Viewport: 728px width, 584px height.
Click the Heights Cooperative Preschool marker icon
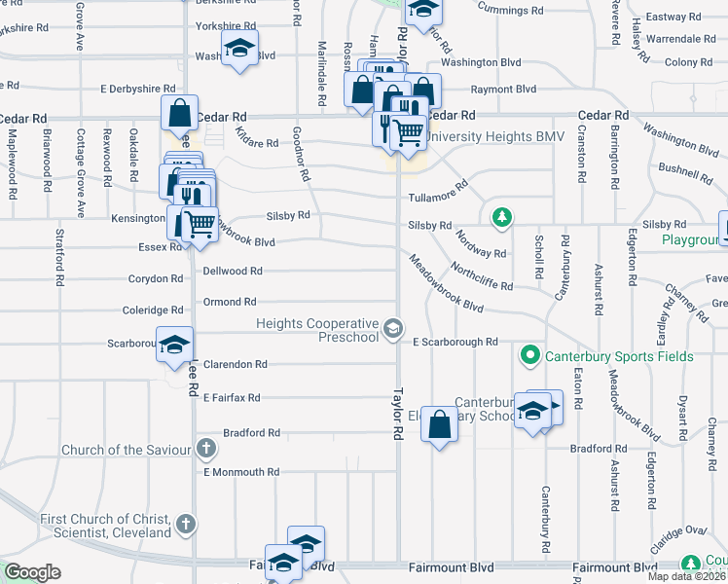[x=393, y=329]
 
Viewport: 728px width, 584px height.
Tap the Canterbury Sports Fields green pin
[x=529, y=356]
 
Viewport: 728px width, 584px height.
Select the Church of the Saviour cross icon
[x=204, y=449]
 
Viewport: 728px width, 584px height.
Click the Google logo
[x=32, y=572]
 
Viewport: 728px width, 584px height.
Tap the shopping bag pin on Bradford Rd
[x=439, y=423]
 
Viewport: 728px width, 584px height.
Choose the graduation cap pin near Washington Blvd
[x=238, y=48]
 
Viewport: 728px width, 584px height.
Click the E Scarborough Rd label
[x=455, y=343]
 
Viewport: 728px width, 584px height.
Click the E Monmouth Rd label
[x=240, y=472]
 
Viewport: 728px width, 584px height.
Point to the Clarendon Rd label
[x=235, y=364]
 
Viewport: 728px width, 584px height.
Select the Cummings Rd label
[x=510, y=11]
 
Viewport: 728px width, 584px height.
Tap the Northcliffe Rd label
[x=481, y=275]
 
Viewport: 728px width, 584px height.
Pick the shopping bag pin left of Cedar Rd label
[x=180, y=114]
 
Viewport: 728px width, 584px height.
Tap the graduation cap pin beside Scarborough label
[x=174, y=346]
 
